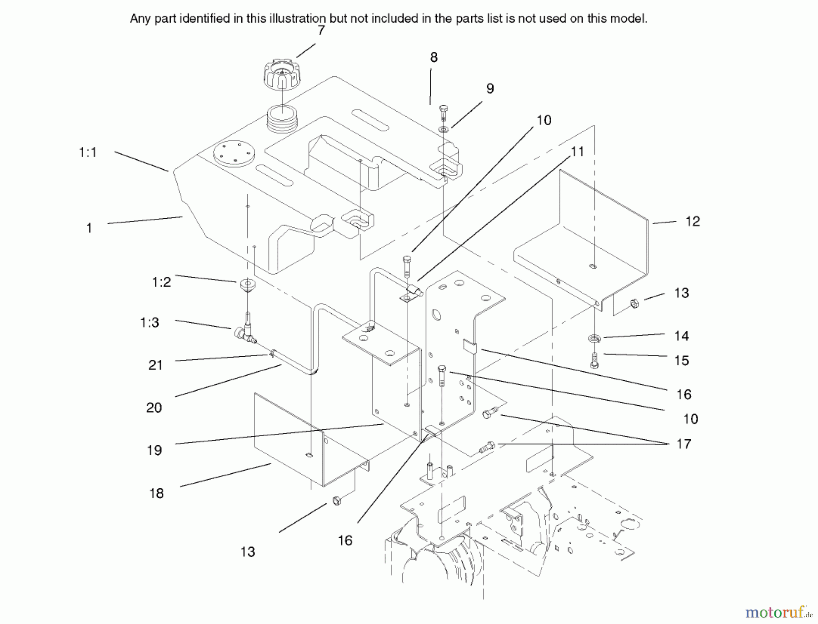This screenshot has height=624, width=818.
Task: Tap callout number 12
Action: (x=693, y=221)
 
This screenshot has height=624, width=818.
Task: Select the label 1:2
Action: (x=161, y=282)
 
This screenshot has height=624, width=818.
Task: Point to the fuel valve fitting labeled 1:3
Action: (x=244, y=330)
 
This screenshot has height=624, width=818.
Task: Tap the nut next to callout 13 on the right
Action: (x=635, y=303)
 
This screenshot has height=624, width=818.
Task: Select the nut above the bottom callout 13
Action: (x=336, y=501)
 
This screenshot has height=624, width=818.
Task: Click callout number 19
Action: (x=155, y=450)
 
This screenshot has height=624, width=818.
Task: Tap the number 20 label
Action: (x=154, y=408)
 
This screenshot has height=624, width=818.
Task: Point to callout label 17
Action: (x=683, y=444)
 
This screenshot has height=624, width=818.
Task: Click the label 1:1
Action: (x=88, y=152)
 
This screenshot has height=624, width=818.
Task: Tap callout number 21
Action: (x=155, y=365)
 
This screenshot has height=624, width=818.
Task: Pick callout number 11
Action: (x=577, y=152)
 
